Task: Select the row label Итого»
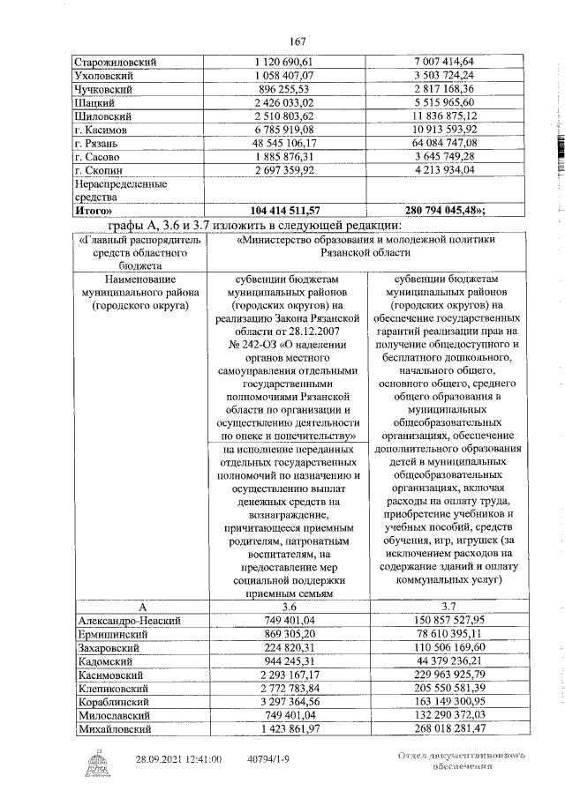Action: click(x=96, y=212)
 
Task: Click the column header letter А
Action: click(x=140, y=608)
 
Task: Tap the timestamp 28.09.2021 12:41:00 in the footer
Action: click(x=179, y=758)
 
